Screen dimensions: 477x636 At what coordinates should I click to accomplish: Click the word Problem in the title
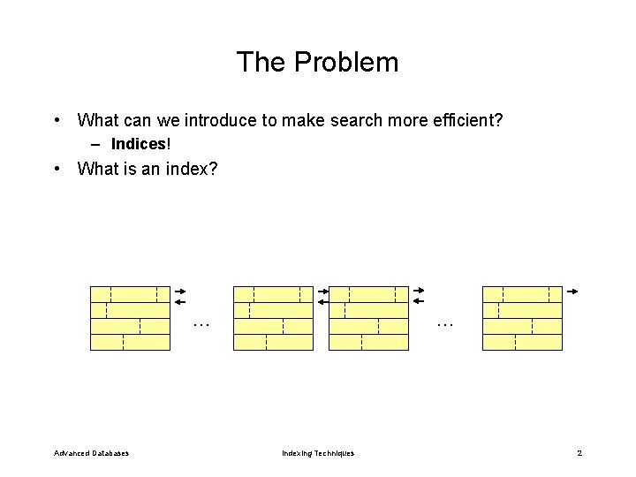(x=346, y=62)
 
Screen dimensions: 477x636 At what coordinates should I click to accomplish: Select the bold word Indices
(x=139, y=144)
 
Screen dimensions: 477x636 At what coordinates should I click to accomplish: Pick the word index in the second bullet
(x=185, y=168)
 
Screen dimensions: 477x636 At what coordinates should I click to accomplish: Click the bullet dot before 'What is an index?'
(x=57, y=168)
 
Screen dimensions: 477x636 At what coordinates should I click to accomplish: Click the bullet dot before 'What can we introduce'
(x=57, y=120)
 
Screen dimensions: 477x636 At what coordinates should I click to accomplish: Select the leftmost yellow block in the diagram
(x=130, y=318)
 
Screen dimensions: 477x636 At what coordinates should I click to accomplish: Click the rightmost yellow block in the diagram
(x=522, y=318)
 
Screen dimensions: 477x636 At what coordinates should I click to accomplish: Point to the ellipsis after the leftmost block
(x=201, y=324)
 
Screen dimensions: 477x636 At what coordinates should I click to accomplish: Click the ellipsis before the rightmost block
(x=444, y=324)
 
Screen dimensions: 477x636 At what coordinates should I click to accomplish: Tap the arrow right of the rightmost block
(x=572, y=291)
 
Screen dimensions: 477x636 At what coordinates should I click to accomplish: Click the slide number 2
(x=579, y=453)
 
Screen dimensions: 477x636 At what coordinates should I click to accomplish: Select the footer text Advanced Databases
(x=91, y=453)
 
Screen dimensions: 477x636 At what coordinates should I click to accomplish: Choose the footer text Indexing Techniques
(x=318, y=453)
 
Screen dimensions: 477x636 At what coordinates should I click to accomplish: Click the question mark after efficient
(x=498, y=120)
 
